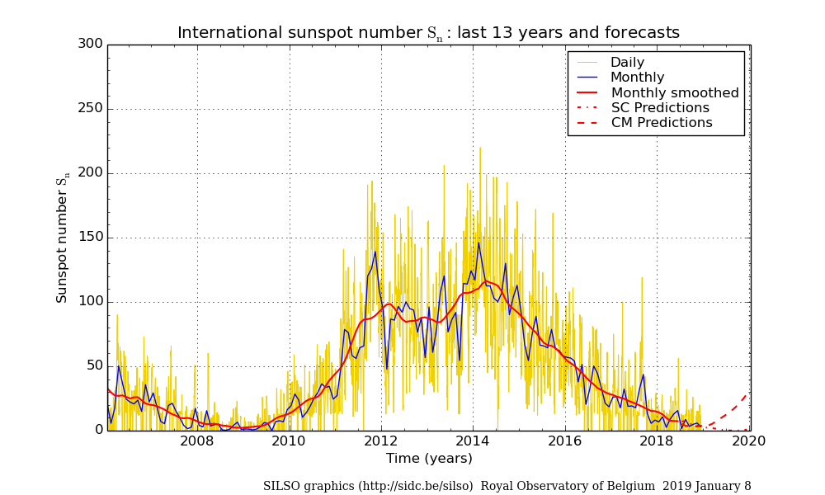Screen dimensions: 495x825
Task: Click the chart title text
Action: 428,33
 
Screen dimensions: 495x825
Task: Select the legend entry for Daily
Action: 627,63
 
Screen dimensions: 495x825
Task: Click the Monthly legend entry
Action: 637,78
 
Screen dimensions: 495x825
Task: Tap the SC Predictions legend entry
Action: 659,108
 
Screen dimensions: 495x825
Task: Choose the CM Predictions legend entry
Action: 661,123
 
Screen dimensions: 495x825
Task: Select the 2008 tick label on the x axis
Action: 197,441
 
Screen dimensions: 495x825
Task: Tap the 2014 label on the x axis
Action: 473,441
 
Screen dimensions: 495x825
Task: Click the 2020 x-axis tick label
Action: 749,441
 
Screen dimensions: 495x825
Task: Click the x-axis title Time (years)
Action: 429,459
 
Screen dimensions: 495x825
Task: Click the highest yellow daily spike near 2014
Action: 480,148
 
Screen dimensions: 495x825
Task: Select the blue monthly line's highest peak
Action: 478,243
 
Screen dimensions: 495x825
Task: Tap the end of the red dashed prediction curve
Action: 747,394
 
